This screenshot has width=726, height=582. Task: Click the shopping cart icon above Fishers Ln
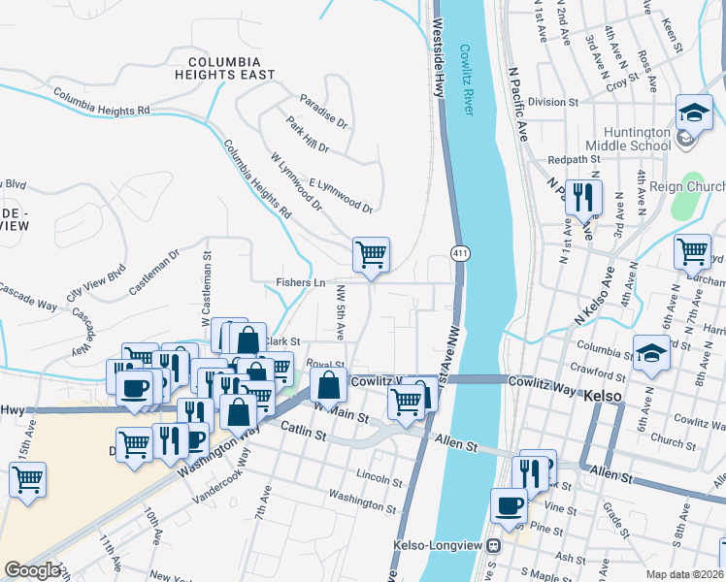(371, 255)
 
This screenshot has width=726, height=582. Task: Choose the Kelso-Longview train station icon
(494, 546)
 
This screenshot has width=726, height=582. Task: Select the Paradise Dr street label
(323, 112)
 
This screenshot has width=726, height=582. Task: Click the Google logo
(31, 570)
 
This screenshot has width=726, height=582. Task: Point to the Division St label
(552, 101)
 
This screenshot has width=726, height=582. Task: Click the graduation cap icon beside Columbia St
(651, 353)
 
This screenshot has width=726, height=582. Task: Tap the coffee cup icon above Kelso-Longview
(510, 504)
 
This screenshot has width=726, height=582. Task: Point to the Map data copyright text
(685, 574)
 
